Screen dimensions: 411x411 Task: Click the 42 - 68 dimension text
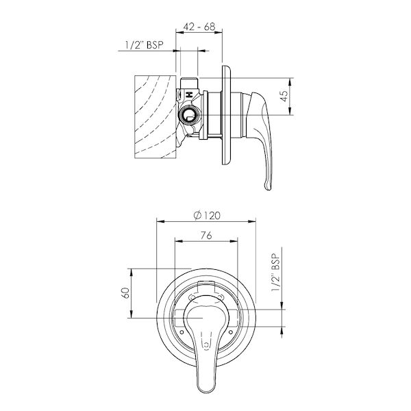[x=199, y=28]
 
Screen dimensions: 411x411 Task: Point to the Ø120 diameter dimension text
[x=206, y=215]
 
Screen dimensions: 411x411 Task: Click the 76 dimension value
[x=206, y=236]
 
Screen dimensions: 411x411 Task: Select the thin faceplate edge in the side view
[x=225, y=116]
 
